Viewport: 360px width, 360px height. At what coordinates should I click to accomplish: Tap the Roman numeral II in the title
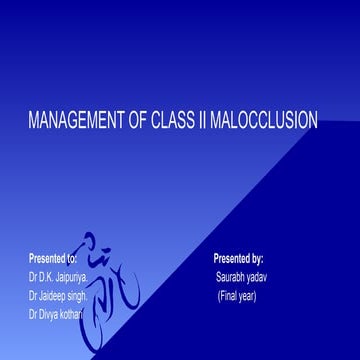[x=206, y=121]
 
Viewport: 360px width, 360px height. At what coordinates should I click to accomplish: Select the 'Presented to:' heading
[x=52, y=257]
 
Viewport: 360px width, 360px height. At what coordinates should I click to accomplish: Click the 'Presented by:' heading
[x=238, y=257]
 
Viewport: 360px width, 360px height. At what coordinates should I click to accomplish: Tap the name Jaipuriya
[x=74, y=276]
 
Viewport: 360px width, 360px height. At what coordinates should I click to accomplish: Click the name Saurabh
[x=232, y=276]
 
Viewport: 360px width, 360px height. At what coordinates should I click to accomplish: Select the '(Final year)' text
[x=237, y=295]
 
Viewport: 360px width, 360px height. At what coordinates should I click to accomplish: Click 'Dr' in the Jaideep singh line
[x=34, y=295]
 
